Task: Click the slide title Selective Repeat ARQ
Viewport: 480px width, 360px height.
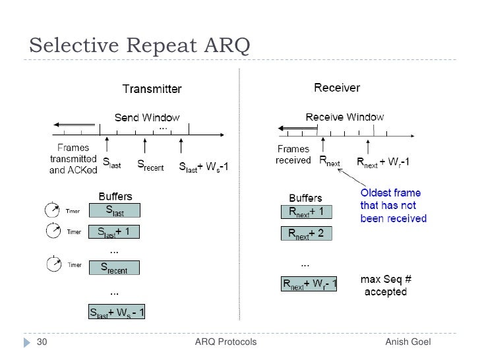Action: pos(139,46)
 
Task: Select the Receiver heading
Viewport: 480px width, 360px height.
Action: pos(337,87)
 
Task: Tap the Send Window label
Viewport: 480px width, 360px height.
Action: pos(147,117)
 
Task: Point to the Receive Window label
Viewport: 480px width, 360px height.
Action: pos(344,117)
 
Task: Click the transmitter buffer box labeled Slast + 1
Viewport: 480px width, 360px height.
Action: pos(115,232)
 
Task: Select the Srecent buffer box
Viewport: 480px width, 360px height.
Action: pos(114,267)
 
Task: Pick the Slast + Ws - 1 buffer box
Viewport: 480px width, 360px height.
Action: pos(117,311)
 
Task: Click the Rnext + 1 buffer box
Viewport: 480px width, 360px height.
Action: pos(306,212)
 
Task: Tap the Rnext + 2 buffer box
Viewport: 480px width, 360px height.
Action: pos(306,233)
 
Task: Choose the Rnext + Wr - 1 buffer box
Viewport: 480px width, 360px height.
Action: pos(309,284)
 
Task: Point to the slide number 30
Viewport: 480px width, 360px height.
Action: pos(42,342)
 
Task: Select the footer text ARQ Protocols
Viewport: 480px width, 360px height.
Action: pos(226,342)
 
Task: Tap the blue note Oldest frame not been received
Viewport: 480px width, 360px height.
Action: pos(393,205)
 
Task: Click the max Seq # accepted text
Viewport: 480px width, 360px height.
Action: pos(384,285)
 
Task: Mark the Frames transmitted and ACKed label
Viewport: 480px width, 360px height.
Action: pos(73,159)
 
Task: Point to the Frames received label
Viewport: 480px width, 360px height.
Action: pos(293,154)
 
